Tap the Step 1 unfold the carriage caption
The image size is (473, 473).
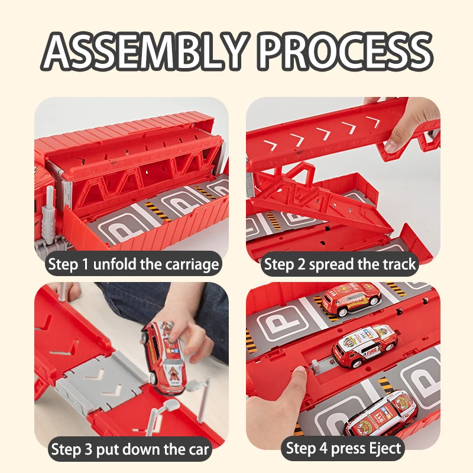click(134, 264)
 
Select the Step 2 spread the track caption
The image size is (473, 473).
click(339, 264)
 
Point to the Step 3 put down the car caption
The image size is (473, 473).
click(129, 449)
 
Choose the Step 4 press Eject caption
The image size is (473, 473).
click(344, 448)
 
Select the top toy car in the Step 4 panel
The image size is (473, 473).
click(351, 299)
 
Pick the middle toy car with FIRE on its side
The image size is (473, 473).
click(364, 345)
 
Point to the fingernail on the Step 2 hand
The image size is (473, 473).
click(392, 145)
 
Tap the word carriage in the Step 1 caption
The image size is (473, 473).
click(192, 265)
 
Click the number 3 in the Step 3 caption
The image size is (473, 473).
click(88, 449)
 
